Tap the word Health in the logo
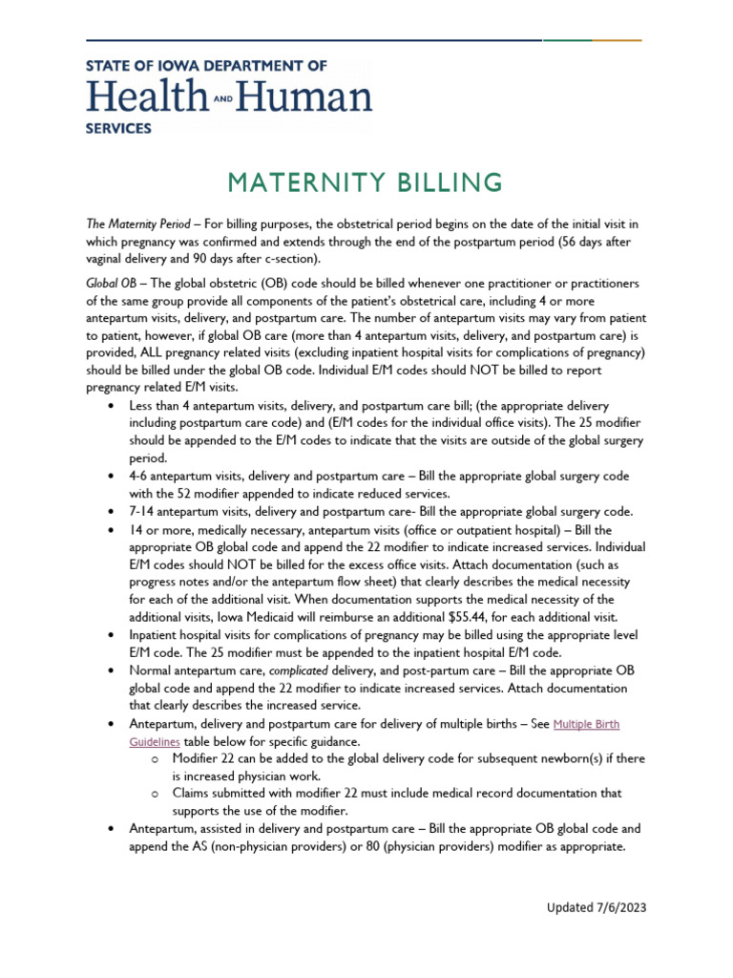(x=146, y=96)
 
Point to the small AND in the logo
(x=222, y=98)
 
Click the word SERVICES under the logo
(x=117, y=126)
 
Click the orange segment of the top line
(x=618, y=41)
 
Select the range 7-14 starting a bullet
(x=143, y=511)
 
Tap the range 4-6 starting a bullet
(x=140, y=476)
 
